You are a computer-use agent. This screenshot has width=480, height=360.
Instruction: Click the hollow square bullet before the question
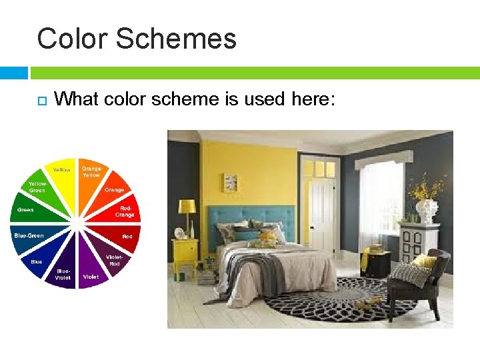40,101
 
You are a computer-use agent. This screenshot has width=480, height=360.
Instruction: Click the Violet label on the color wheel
91,276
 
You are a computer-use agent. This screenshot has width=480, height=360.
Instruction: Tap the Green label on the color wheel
25,210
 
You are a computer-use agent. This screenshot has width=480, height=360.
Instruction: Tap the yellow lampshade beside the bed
187,207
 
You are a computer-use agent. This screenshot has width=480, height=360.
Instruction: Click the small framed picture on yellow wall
231,182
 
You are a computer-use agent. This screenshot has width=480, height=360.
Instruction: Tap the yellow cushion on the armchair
425,261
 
